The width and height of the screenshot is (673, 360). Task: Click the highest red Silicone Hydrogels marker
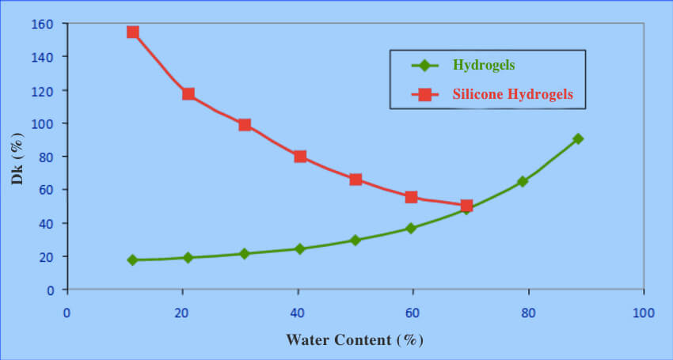pyautogui.click(x=133, y=32)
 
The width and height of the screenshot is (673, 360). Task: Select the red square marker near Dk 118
pyautogui.click(x=188, y=94)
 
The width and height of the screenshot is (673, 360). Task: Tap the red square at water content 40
pyautogui.click(x=300, y=157)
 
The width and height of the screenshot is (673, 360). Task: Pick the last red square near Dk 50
pyautogui.click(x=466, y=206)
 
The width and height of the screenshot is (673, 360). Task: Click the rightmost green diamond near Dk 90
pyautogui.click(x=578, y=138)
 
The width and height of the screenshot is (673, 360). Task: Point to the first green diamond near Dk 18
pyautogui.click(x=132, y=260)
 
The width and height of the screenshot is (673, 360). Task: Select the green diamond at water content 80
pyautogui.click(x=523, y=181)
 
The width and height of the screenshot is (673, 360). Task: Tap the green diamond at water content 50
pyautogui.click(x=356, y=240)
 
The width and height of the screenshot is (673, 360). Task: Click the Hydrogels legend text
pyautogui.click(x=484, y=64)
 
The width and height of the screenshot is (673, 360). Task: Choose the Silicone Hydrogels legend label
pyautogui.click(x=512, y=95)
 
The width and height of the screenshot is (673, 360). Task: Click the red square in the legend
pyautogui.click(x=424, y=95)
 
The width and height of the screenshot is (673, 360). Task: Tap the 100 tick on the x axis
pyautogui.click(x=644, y=313)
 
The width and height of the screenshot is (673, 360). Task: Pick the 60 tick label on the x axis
pyautogui.click(x=413, y=313)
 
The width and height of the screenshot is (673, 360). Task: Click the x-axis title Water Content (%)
pyautogui.click(x=355, y=340)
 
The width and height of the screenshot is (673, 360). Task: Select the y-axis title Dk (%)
pyautogui.click(x=17, y=157)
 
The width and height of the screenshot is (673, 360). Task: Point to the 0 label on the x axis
pyautogui.click(x=68, y=313)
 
